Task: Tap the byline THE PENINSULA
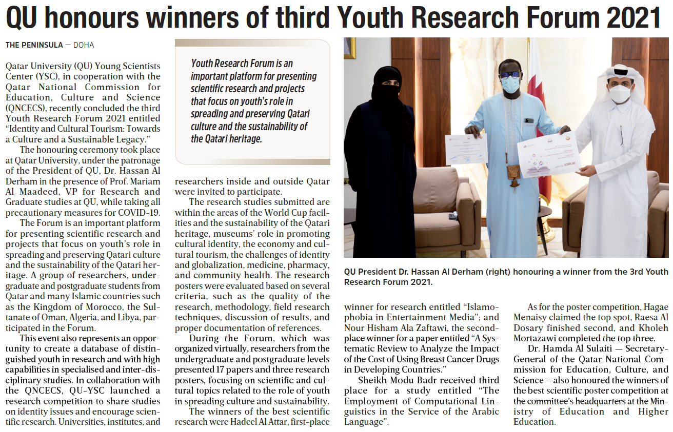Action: tap(33, 45)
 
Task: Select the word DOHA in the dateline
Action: tap(84, 45)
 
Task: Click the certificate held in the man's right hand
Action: tap(466, 149)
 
